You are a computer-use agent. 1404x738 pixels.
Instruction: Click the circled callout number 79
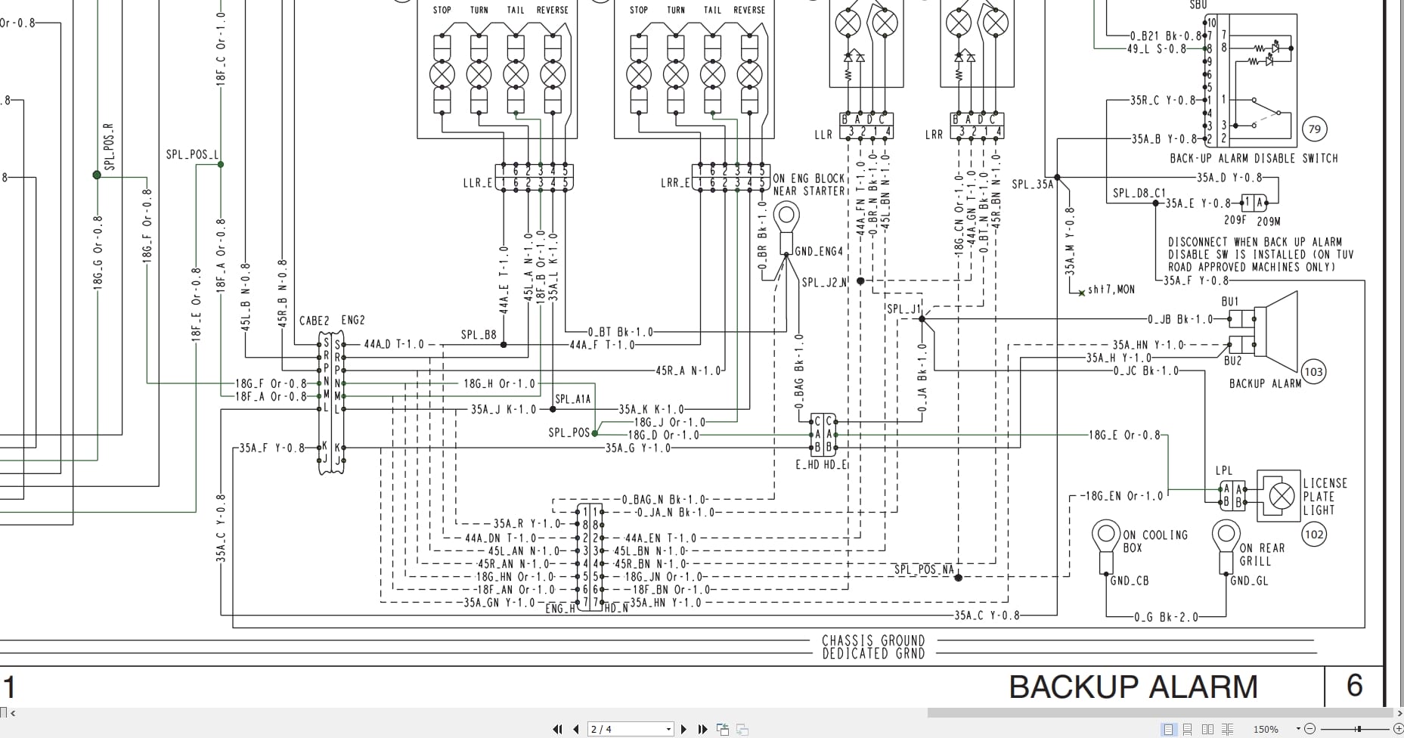point(1315,129)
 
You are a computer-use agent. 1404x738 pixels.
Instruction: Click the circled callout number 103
point(1314,371)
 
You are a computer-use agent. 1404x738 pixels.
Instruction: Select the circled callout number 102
point(1315,535)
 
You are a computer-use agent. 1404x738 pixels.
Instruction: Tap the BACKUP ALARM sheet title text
point(1133,687)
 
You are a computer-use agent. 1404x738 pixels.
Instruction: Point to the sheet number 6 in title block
point(1354,686)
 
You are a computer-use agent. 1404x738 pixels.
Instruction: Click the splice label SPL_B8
point(479,335)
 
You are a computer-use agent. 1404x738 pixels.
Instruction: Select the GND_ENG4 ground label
point(818,251)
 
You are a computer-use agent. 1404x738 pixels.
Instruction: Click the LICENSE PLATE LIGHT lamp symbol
point(1281,496)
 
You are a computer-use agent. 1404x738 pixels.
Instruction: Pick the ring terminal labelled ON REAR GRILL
point(1225,536)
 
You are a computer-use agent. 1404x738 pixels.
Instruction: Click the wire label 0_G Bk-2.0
point(1166,617)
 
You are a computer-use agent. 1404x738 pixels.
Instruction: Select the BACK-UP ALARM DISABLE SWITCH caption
point(1254,159)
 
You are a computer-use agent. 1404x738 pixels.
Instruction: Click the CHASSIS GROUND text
point(873,640)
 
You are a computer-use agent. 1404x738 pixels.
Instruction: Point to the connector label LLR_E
point(478,183)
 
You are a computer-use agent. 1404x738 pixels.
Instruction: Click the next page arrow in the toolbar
point(683,729)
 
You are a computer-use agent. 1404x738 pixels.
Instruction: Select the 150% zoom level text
point(1266,729)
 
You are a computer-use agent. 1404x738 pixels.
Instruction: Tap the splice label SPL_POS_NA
point(924,569)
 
